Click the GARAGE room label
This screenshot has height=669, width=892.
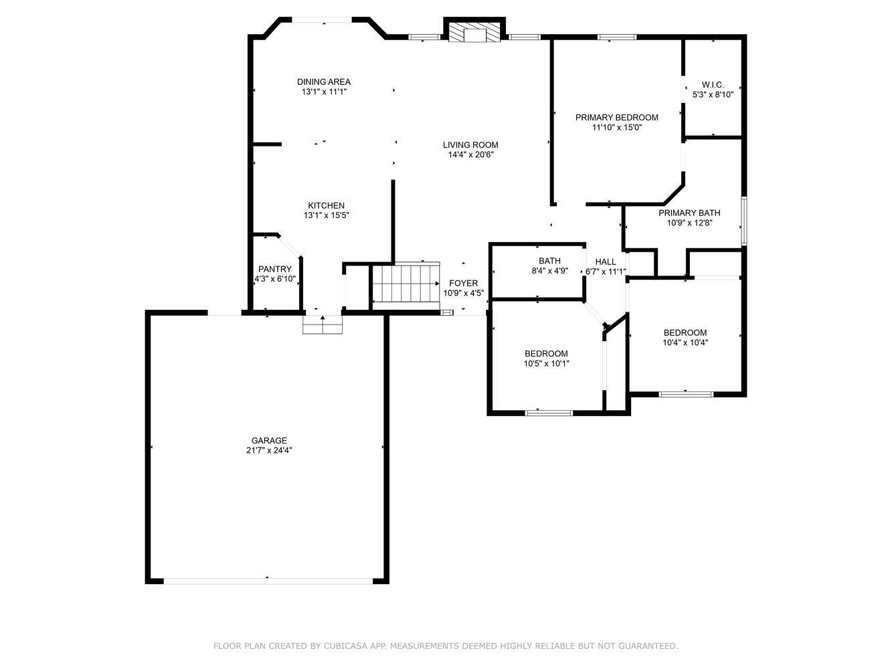269,440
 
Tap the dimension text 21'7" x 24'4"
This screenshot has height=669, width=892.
269,450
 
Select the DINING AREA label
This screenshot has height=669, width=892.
324,82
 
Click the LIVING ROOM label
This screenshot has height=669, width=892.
470,145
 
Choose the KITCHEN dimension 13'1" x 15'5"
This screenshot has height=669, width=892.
327,215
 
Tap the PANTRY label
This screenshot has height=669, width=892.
275,269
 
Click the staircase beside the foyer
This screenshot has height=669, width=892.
406,283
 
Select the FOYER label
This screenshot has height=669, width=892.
463,283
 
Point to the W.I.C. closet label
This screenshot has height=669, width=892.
713,84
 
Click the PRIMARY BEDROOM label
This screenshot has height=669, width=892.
617,117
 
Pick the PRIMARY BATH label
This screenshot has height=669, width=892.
690,213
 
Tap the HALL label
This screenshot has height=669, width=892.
606,262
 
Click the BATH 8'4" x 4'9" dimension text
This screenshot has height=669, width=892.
550,270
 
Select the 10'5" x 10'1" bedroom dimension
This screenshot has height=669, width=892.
546,363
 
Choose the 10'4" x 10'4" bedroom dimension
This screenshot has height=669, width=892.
685,343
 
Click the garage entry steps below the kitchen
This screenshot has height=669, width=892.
323,324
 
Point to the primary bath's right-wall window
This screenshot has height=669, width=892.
744,221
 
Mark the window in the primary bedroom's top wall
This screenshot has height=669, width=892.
617,37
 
